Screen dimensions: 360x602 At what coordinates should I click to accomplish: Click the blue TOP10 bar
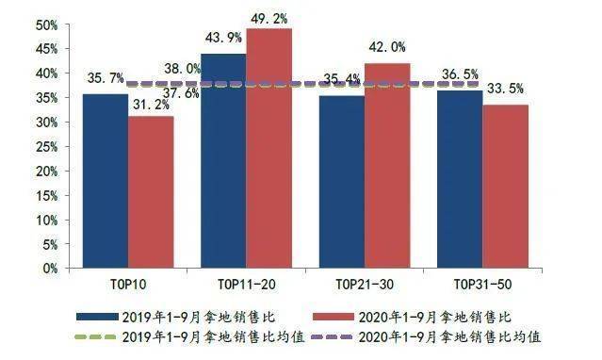(105, 180)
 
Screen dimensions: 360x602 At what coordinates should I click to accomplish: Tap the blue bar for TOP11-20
(222, 160)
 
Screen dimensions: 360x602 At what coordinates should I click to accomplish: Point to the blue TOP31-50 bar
(460, 178)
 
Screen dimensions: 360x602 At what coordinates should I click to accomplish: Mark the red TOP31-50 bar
(506, 186)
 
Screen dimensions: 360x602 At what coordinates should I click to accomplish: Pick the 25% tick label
(45, 146)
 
